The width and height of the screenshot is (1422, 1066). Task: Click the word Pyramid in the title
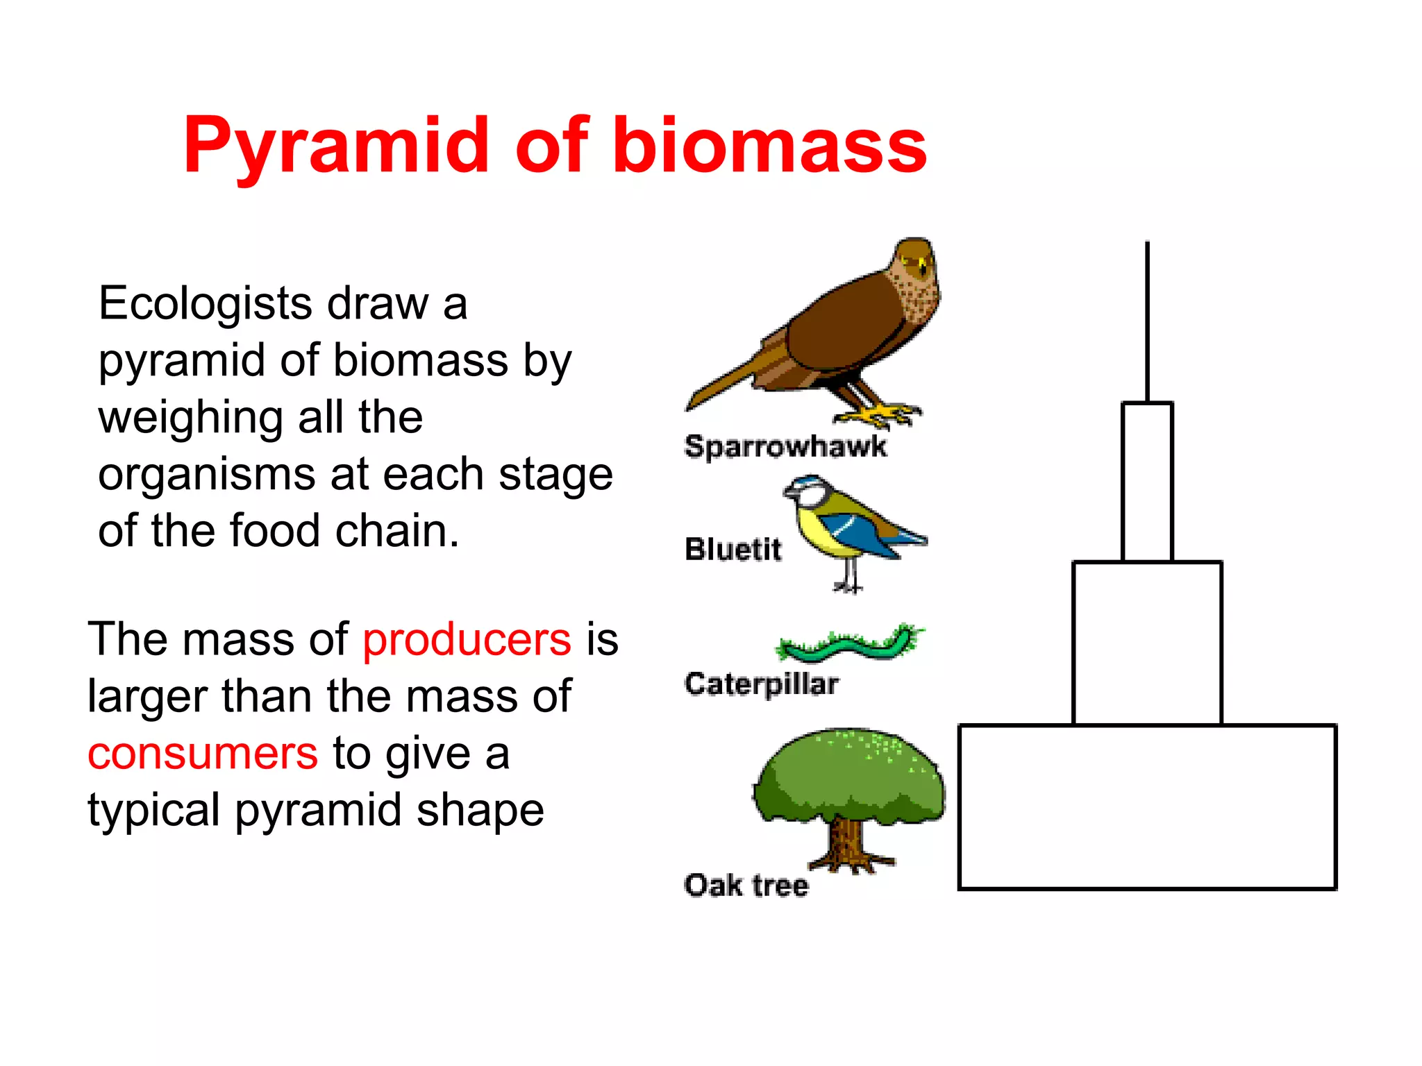[337, 146]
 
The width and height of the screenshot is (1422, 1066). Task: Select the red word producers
[467, 639]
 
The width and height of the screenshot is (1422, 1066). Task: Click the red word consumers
[203, 754]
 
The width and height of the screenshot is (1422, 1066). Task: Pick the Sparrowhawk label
[785, 446]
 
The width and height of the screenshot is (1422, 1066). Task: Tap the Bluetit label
[733, 549]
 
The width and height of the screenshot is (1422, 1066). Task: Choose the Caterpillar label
[762, 684]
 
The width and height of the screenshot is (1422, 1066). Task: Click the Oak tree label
[746, 886]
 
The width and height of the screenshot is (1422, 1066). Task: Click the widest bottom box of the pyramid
[1147, 806]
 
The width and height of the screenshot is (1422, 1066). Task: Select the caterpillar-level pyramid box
[1147, 643]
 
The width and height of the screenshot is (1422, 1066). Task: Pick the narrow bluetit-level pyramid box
[1147, 482]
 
